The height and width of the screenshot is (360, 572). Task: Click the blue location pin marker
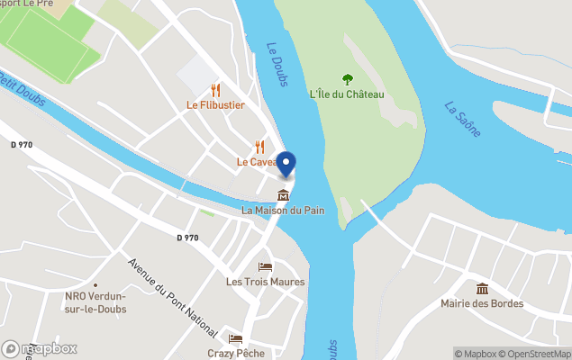(x=286, y=165)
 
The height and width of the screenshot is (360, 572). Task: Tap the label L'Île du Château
(x=347, y=94)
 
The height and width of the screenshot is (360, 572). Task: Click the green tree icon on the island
(x=348, y=79)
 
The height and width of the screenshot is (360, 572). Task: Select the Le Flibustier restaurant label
(x=215, y=104)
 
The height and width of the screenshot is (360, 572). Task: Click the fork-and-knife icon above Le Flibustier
(x=215, y=89)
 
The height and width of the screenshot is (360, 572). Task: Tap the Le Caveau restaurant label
(x=256, y=162)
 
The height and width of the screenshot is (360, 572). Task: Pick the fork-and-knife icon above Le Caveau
(x=260, y=147)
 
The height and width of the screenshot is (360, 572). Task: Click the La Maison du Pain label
(x=283, y=211)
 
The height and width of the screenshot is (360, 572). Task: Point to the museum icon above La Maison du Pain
(x=283, y=195)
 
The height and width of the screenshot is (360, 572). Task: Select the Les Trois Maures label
(x=265, y=282)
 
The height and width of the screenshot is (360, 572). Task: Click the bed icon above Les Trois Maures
(x=265, y=266)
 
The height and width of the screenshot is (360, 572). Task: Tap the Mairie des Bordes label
(x=482, y=303)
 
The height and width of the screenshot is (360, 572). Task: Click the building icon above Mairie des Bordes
(x=482, y=288)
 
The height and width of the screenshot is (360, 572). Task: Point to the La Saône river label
(x=463, y=119)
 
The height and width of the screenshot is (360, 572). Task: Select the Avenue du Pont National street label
(x=172, y=294)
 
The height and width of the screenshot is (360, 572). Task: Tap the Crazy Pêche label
(x=236, y=353)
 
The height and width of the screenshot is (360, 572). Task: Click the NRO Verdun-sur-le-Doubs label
(x=95, y=303)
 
